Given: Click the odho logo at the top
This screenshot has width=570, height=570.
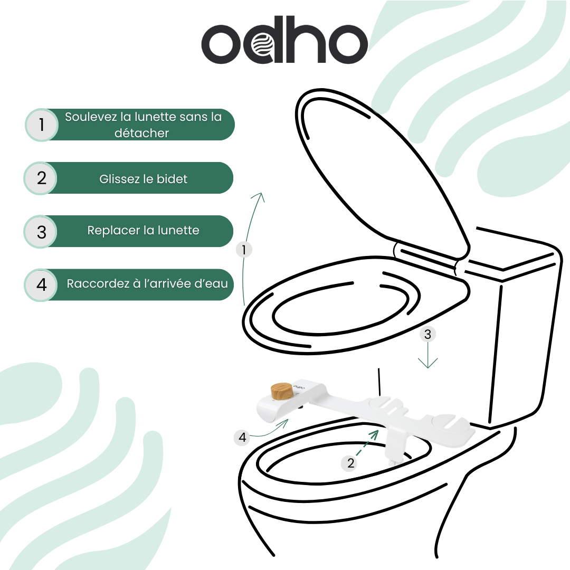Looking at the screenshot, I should (284, 43).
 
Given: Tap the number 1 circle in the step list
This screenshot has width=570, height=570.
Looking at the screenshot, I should (42, 125).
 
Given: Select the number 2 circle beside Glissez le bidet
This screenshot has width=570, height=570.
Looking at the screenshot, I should (42, 178).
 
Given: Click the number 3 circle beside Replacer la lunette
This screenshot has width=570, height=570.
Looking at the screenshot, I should (42, 232).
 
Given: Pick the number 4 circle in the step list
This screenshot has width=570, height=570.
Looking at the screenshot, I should (42, 285).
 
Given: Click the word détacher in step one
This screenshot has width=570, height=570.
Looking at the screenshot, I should (141, 134).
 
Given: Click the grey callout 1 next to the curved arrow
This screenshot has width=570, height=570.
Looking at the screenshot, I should (243, 249).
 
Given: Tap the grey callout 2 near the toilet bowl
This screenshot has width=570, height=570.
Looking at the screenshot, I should (351, 463).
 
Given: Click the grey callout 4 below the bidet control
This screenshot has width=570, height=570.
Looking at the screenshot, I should (242, 437).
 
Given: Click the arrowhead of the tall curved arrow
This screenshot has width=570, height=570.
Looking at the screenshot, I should (259, 196).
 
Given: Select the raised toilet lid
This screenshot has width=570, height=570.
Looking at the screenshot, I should (380, 169).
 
